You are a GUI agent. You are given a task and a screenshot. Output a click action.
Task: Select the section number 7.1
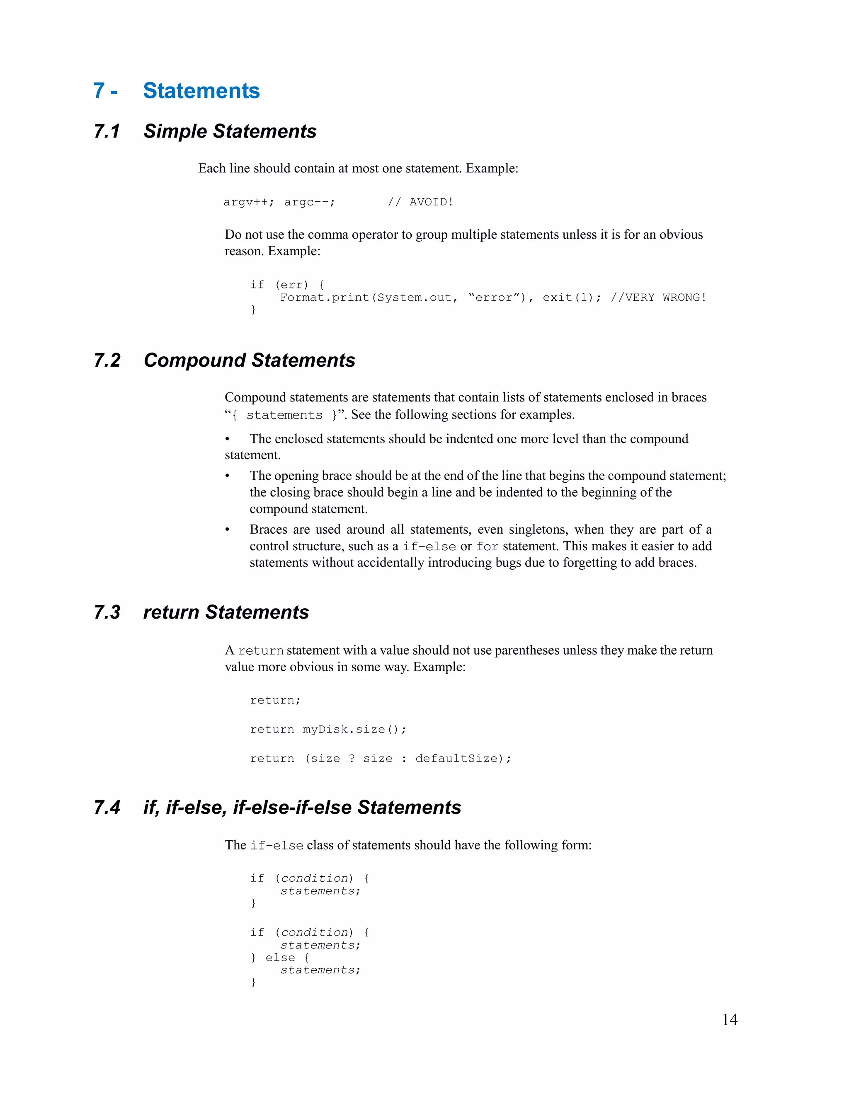point(107,131)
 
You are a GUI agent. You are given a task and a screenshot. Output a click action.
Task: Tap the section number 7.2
point(107,360)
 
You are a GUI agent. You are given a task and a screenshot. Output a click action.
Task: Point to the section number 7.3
point(107,612)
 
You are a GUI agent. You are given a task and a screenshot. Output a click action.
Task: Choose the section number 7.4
point(107,808)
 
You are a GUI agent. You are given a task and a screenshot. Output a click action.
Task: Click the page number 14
point(729,1020)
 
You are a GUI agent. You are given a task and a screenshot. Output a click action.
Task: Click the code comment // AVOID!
point(420,202)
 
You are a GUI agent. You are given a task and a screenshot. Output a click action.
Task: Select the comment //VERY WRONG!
point(658,297)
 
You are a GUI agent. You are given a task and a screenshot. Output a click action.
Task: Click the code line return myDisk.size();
point(328,730)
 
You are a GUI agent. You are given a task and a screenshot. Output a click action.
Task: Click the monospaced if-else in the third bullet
point(429,547)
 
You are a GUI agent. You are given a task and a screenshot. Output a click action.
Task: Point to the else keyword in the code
point(280,958)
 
